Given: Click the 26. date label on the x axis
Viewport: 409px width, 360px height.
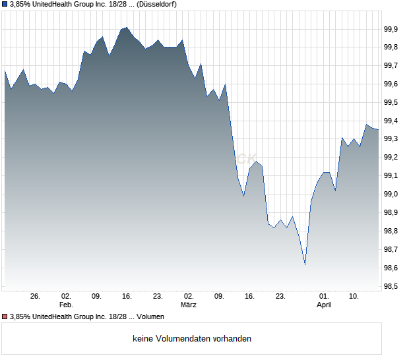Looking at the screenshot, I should pos(35,297).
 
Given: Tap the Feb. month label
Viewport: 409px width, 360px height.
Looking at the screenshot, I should pos(65,305).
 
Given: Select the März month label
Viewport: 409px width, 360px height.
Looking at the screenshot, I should pos(189,305).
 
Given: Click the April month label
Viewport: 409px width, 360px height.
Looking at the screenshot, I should pos(324,305).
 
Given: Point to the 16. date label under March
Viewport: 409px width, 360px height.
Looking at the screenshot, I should pos(249,297).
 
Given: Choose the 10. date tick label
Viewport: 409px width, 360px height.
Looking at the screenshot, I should pos(354,297).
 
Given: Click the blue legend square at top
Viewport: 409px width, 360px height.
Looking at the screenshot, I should pos(5,4).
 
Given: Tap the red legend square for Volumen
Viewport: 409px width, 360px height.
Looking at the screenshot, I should pos(5,317).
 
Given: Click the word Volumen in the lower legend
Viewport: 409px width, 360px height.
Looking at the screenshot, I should pos(150,317).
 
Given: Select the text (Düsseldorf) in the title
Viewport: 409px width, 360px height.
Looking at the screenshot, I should pos(161,4).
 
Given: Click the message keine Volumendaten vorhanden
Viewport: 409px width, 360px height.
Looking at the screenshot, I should pos(192,339).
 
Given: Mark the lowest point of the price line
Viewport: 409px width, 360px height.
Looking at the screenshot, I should pos(305,265).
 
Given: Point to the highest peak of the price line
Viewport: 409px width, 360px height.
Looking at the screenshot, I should pos(127,28).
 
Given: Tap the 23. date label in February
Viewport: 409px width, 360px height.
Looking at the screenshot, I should pos(158,297).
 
